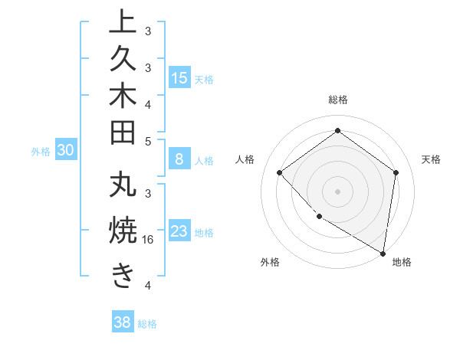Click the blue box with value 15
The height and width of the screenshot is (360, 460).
[179, 78]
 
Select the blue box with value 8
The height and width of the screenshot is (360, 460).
[179, 160]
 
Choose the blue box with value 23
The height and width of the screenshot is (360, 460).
[179, 231]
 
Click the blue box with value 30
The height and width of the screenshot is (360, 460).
[66, 151]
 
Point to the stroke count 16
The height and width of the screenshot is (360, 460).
[149, 239]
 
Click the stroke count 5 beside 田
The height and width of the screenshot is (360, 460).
[148, 141]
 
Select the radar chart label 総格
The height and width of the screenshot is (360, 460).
[338, 100]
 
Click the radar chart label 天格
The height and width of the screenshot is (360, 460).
[431, 159]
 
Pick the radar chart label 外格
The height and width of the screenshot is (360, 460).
[270, 262]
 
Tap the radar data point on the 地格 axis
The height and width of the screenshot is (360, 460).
[383, 254]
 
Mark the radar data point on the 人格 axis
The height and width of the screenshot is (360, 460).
[280, 172]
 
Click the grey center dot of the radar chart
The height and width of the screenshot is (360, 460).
[337, 191]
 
